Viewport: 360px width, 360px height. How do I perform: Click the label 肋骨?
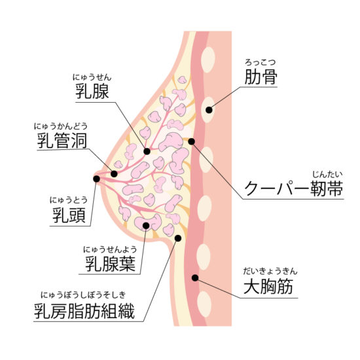click(x=261, y=77)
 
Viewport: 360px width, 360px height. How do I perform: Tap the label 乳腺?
click(x=92, y=91)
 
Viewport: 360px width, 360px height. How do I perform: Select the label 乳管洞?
click(x=62, y=141)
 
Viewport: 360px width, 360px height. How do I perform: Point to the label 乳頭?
click(x=69, y=215)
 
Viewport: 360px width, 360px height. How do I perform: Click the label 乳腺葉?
click(x=110, y=264)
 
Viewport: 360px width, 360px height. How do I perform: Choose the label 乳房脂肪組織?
click(x=84, y=312)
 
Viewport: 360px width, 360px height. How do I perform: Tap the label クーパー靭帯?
click(x=294, y=189)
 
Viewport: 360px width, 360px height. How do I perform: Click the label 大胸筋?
click(x=268, y=287)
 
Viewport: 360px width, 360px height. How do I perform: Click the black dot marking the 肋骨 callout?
click(x=209, y=110)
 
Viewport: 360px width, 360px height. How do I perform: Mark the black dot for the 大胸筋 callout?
click(x=195, y=278)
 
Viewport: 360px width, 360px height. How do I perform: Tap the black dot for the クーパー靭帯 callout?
click(x=192, y=141)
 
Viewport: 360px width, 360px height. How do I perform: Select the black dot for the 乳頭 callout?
click(x=96, y=179)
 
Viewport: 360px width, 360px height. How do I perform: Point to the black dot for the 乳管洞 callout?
click(x=114, y=174)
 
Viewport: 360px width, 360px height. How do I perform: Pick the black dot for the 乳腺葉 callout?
click(x=146, y=226)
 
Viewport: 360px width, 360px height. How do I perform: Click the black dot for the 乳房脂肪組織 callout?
click(x=178, y=238)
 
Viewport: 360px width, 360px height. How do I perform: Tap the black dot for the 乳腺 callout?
click(x=147, y=151)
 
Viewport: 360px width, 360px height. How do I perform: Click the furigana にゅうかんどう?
click(x=61, y=126)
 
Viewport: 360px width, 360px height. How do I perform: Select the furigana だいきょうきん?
click(x=270, y=272)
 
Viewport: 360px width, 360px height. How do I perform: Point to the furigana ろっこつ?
click(x=260, y=62)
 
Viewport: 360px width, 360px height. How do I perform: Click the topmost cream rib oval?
click(x=207, y=60)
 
